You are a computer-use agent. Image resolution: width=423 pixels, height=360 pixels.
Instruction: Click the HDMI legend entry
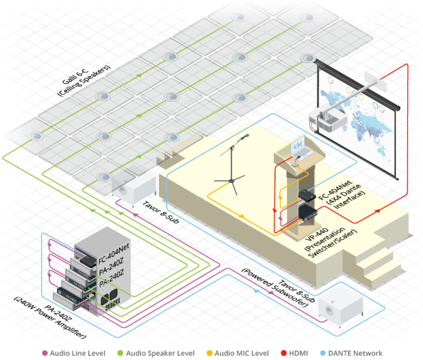[x=295, y=354]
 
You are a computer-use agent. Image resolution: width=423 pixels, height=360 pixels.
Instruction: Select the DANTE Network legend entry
[x=351, y=354]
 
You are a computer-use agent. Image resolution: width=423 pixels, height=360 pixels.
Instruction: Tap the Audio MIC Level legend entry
[x=238, y=354]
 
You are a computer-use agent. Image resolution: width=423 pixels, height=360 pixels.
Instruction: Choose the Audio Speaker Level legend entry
[x=156, y=354]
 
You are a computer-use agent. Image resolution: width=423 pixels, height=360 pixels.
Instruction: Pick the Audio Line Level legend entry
[x=73, y=354]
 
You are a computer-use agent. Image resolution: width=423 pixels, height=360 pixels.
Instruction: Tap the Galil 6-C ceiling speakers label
[x=84, y=80]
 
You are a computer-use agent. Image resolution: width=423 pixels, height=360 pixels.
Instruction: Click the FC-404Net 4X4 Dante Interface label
[x=342, y=194]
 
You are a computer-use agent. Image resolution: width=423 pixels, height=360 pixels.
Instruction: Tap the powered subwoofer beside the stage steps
[x=341, y=308]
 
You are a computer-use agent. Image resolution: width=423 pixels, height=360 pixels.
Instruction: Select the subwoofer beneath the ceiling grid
[x=134, y=189]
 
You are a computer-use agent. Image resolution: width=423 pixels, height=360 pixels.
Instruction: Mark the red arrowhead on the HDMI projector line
[x=377, y=211]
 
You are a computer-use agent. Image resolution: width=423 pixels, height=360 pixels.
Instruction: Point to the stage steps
[x=375, y=265]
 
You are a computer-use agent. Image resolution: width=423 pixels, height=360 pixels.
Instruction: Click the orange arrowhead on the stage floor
[x=241, y=216]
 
